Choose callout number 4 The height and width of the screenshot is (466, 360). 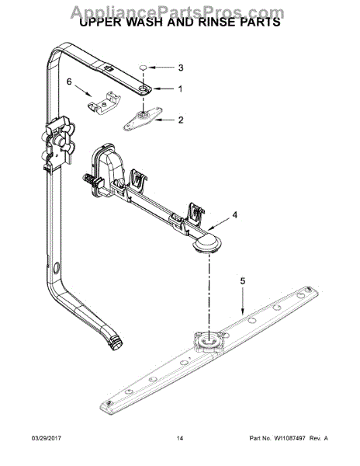point(234,214)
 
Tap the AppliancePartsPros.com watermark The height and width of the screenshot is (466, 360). point(180,9)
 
